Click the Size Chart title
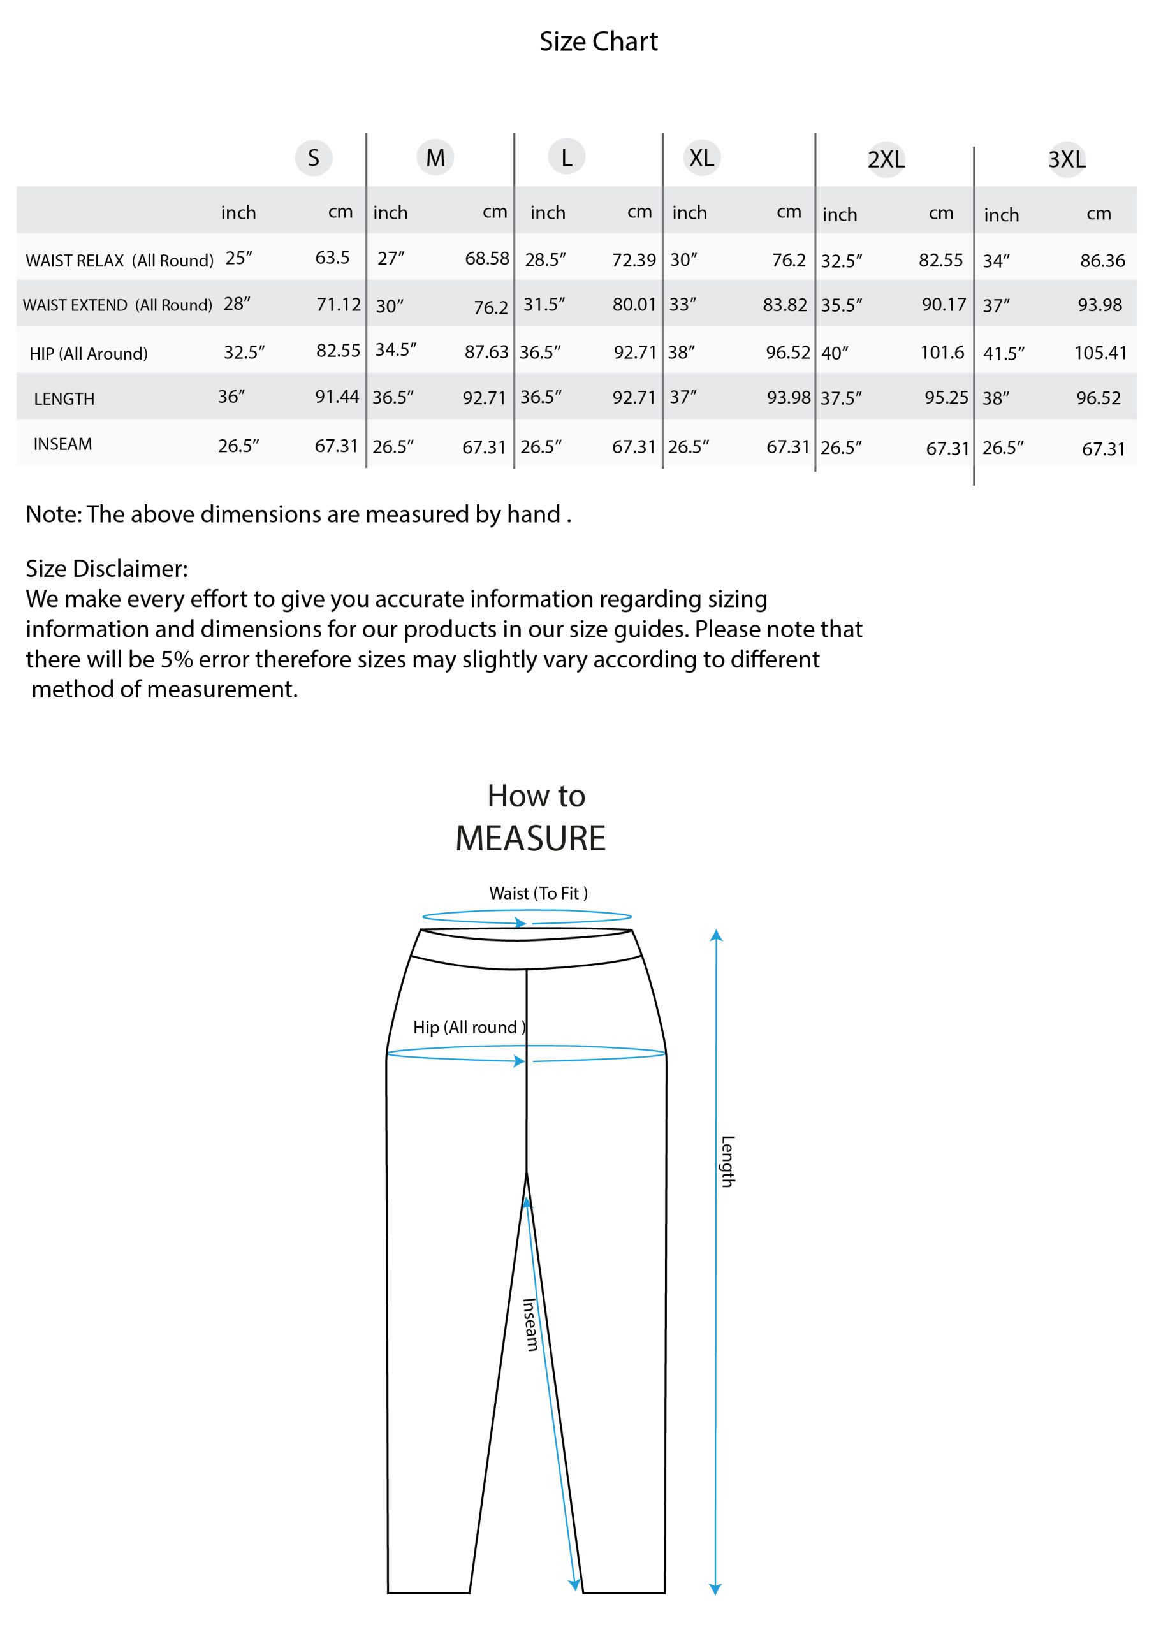598,41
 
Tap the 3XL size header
1067,159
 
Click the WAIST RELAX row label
119,260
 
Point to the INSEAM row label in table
62,444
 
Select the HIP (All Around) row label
88,353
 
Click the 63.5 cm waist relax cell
332,258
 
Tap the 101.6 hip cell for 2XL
942,352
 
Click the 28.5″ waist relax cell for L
545,259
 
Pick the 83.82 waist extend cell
784,305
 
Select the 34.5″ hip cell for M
395,350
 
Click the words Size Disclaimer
106,568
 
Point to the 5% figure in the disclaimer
177,659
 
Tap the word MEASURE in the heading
530,838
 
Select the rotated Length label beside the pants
727,1161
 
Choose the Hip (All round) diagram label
469,1027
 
